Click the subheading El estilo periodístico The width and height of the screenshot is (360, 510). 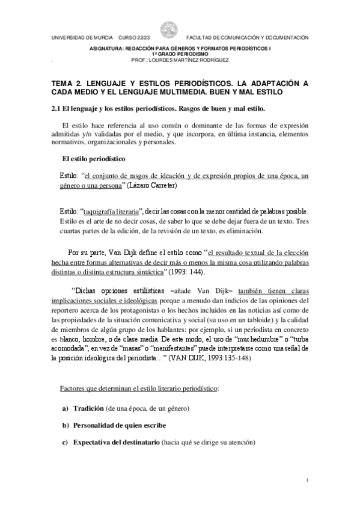[94, 159]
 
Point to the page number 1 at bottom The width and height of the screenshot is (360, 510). [307, 480]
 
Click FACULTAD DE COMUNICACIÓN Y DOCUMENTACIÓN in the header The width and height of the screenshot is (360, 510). [248, 37]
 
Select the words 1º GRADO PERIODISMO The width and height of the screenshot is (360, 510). [179, 53]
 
